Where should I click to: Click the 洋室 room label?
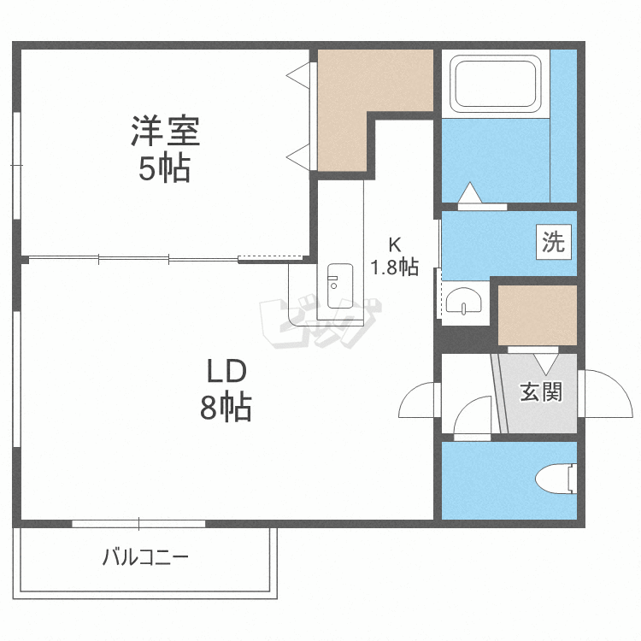click(165, 132)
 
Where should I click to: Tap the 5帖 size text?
click(165, 169)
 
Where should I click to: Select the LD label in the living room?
click(226, 371)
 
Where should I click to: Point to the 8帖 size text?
click(226, 409)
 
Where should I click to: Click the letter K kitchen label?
click(394, 241)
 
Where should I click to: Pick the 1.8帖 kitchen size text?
click(394, 267)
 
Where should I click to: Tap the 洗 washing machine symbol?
click(553, 243)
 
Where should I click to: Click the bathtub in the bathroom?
click(497, 84)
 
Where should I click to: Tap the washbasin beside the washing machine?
click(465, 301)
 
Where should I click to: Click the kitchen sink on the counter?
click(339, 280)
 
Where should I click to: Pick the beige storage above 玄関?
click(537, 314)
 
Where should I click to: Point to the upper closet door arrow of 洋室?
click(297, 76)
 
